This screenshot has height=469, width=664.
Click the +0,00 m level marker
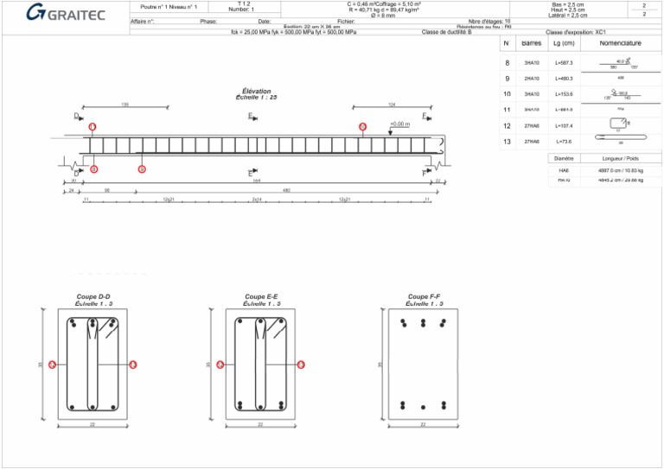[399, 124]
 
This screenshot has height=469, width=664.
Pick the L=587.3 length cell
[564, 63]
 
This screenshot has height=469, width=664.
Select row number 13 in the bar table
[507, 141]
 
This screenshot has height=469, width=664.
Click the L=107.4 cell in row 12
[564, 126]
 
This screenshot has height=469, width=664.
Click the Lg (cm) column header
[564, 43]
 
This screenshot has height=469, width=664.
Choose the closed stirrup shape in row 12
[617, 124]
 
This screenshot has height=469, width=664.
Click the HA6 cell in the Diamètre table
[564, 171]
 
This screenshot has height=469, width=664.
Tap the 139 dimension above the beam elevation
[125, 105]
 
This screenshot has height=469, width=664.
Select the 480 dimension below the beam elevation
[285, 190]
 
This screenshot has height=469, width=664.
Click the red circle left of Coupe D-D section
[52, 365]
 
